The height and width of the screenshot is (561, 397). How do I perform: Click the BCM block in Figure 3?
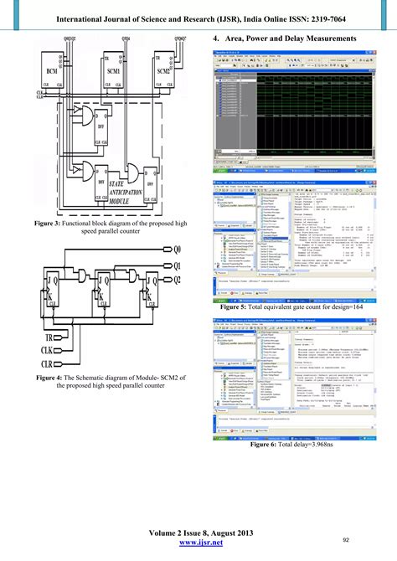click(x=52, y=73)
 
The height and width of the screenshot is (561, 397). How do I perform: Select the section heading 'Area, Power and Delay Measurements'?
click(x=296, y=39)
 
